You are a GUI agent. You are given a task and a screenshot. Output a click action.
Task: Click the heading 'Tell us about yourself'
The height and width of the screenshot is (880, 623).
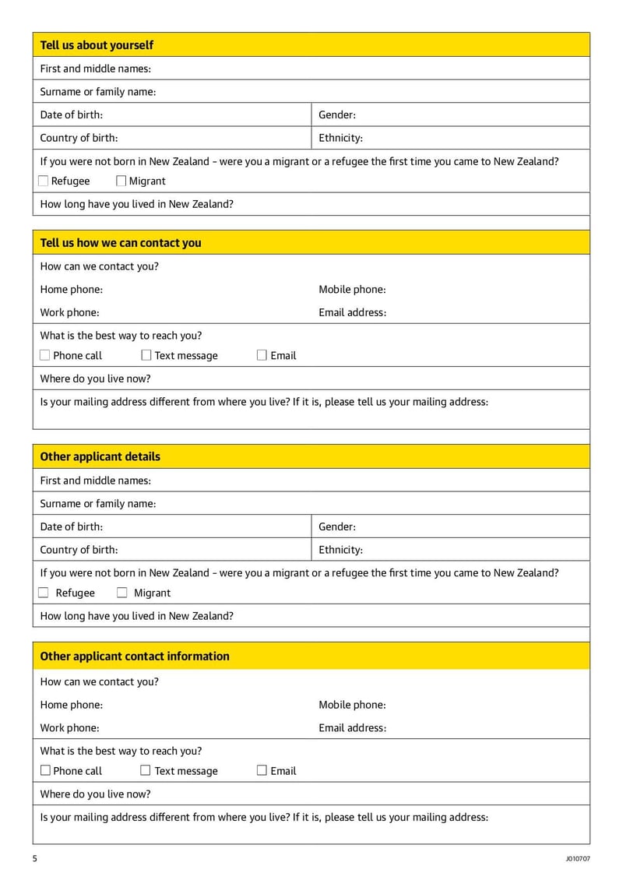(x=97, y=45)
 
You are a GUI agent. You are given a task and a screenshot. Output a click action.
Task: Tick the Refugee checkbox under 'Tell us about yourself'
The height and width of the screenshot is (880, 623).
(x=44, y=181)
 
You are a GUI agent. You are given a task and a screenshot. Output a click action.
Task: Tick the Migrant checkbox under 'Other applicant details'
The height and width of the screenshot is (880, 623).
(x=122, y=593)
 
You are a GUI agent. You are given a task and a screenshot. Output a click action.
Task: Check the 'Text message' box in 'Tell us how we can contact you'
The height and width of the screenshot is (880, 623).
(x=146, y=356)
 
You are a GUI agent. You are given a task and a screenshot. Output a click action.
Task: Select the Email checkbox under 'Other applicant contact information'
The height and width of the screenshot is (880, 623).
(x=262, y=771)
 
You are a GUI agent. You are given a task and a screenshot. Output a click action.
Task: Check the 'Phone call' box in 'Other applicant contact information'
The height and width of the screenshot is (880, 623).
(x=45, y=771)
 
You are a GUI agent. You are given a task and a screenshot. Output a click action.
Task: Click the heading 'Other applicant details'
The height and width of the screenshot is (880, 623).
(x=100, y=456)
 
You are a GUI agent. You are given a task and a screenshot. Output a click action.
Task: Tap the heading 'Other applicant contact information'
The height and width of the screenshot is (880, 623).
(x=135, y=656)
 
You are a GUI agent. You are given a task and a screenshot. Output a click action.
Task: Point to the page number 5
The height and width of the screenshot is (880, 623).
(x=35, y=859)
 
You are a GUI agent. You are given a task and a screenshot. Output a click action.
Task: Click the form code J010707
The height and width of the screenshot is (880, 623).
(x=578, y=859)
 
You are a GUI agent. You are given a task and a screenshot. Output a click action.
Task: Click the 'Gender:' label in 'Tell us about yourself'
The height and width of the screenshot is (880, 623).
(x=337, y=114)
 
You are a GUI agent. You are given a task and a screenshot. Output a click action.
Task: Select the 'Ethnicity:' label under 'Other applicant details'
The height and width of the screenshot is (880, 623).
(x=340, y=550)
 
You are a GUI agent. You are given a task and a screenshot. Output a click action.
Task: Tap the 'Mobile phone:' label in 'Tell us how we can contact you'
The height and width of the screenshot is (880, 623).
(x=352, y=290)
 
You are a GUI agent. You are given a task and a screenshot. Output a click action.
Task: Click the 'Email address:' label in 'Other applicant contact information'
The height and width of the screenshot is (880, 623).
(x=352, y=728)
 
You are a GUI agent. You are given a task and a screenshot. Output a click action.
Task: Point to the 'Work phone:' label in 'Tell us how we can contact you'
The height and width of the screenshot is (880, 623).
(x=69, y=313)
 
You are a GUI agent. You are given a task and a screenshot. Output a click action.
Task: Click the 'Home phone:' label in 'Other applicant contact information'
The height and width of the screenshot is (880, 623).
(x=71, y=705)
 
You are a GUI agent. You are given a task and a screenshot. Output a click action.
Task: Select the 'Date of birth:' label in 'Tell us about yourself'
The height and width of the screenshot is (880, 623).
(x=71, y=114)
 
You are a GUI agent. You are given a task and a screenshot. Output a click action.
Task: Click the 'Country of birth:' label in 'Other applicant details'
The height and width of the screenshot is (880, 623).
(x=79, y=550)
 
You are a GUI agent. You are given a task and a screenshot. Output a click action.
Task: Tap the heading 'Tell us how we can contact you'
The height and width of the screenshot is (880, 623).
(x=121, y=243)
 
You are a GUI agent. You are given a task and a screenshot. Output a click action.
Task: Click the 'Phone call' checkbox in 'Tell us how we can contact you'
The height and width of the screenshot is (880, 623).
(x=44, y=356)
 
